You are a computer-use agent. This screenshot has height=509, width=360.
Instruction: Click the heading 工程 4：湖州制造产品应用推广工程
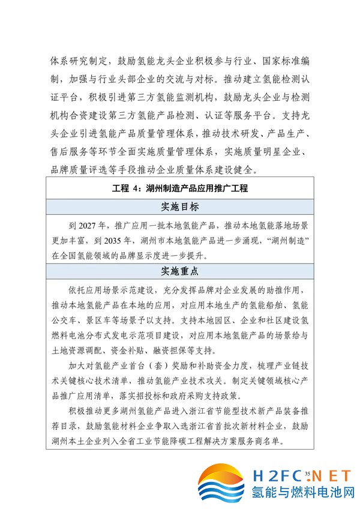[x=180, y=188]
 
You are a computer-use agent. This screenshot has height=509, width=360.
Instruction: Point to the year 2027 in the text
[x=87, y=226]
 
